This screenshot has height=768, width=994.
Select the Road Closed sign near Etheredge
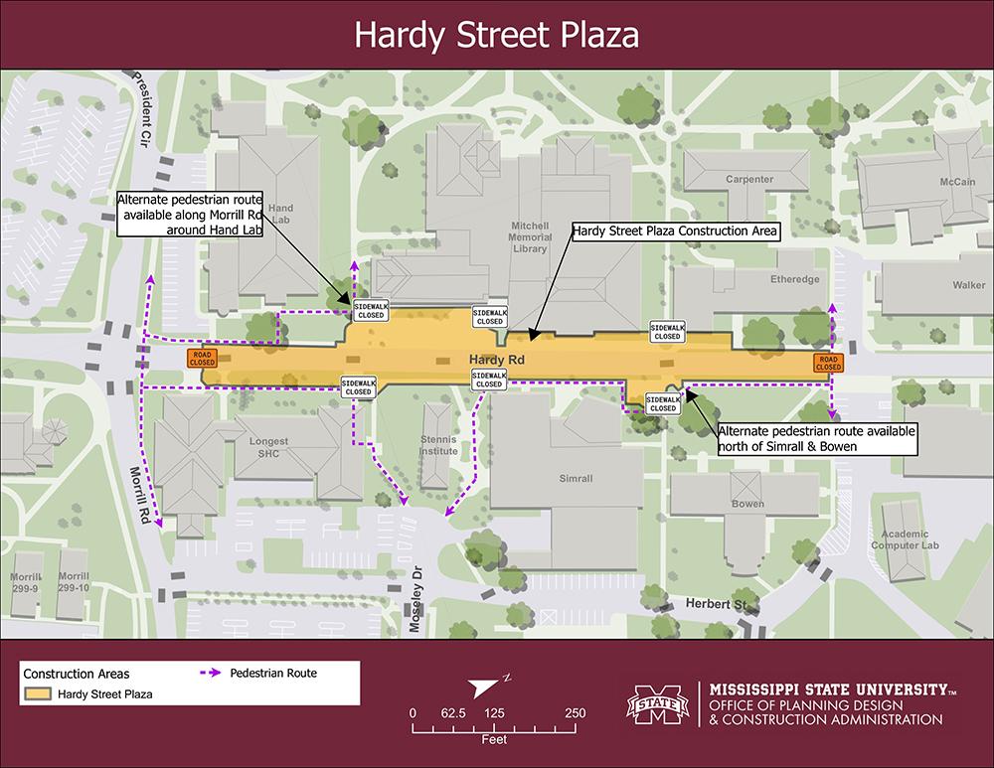pyautogui.click(x=828, y=362)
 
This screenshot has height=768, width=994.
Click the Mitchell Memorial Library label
pyautogui.click(x=528, y=237)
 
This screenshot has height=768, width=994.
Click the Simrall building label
pyautogui.click(x=576, y=479)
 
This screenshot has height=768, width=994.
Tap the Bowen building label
pyautogui.click(x=747, y=504)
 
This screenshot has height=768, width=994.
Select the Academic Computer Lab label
pyautogui.click(x=906, y=538)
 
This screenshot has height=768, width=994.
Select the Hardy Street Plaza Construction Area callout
pyautogui.click(x=674, y=231)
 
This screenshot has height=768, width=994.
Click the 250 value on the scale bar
pyautogui.click(x=575, y=713)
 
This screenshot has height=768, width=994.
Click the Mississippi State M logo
pyautogui.click(x=657, y=705)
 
